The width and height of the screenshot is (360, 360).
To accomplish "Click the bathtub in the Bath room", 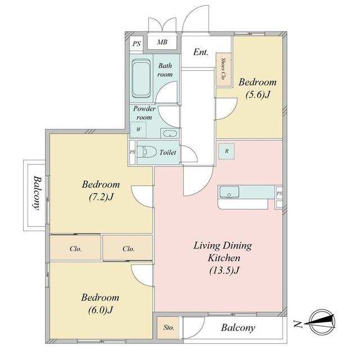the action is tap(141, 79).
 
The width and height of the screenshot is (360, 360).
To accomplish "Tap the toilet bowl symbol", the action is tap(146, 152).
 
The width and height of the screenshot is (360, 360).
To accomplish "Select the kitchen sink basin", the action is tap(229, 192).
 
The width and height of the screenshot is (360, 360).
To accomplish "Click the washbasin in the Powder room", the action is tap(170, 133).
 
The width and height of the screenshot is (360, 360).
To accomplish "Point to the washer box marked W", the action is tap(138, 129).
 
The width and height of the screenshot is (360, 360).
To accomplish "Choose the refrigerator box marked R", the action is tap(226, 151).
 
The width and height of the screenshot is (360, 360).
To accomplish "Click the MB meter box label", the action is tap(162, 42).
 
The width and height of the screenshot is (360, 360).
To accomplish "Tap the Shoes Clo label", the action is tap(223, 69).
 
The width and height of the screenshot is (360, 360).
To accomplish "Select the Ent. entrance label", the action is tap(201, 52).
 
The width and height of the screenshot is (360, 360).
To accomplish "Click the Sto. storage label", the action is tap(169, 327).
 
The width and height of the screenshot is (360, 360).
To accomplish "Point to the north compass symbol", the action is tap(321, 322).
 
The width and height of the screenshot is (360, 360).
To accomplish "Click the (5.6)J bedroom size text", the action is tap(258, 94).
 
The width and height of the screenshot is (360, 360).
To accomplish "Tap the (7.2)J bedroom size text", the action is tap(101, 197).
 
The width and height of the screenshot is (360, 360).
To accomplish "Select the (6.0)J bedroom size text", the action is tap(100, 310).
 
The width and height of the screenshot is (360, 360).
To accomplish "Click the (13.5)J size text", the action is tap(224, 271).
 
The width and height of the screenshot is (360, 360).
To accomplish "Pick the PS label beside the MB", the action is tap(136, 44).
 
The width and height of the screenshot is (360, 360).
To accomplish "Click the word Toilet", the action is tap(168, 152).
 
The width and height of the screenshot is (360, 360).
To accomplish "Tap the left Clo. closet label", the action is tap(75, 249).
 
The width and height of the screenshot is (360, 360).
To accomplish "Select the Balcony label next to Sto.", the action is tap(238, 328).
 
